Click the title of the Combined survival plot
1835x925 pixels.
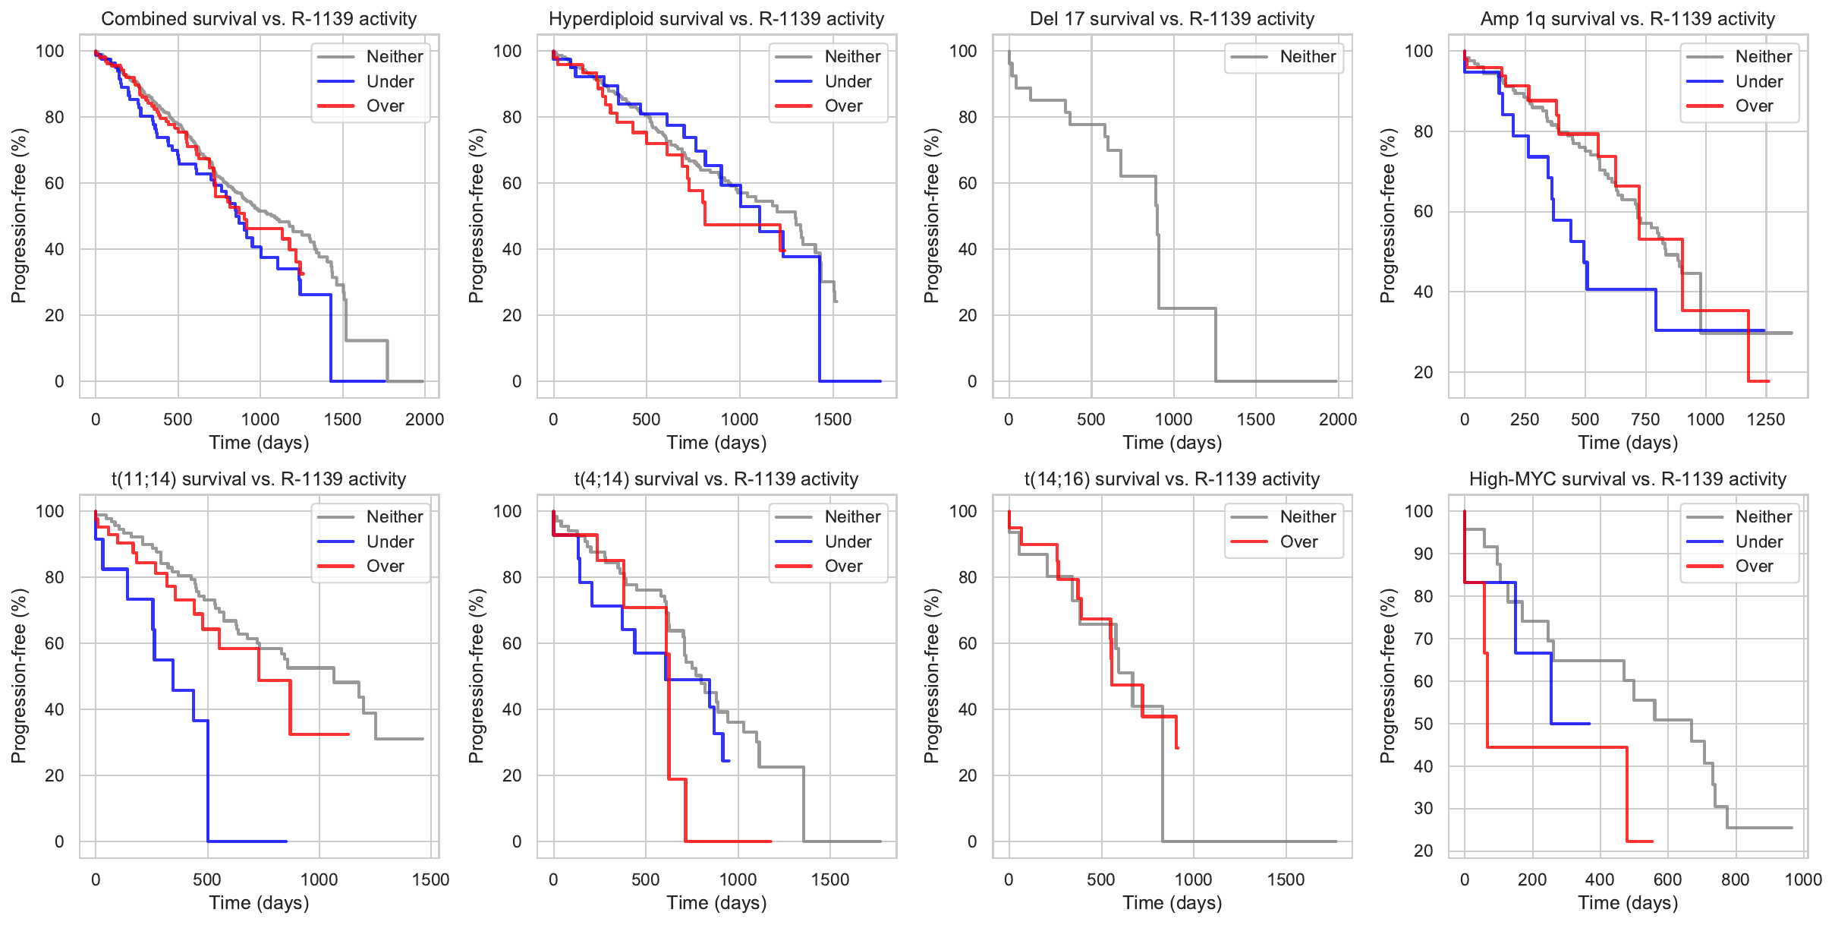[x=259, y=19]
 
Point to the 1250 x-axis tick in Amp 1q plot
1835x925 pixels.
[x=1766, y=419]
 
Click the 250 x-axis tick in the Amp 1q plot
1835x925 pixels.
[x=1525, y=419]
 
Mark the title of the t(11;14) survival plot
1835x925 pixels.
[x=259, y=479]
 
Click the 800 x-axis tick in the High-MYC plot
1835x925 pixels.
[x=1736, y=879]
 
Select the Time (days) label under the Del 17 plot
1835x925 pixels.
[x=1172, y=443]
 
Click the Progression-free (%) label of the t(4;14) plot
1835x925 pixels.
[x=476, y=676]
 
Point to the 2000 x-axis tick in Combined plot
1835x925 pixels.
[x=424, y=419]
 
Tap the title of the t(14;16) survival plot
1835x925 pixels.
[x=1172, y=479]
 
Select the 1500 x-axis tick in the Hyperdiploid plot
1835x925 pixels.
[x=833, y=419]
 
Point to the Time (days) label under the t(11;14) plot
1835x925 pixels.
[x=259, y=903]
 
